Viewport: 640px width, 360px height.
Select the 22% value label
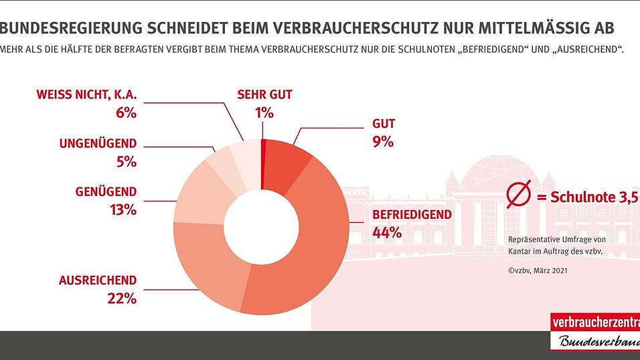click(122, 298)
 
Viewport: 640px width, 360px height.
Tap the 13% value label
click(123, 210)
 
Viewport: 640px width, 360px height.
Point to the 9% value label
click(383, 142)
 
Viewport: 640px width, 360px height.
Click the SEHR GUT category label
click(265, 95)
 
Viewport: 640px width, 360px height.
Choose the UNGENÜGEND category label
click(98, 143)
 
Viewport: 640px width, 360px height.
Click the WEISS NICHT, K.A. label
click(86, 95)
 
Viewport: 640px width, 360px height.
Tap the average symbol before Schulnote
click(519, 194)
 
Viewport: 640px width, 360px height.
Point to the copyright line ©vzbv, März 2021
click(538, 270)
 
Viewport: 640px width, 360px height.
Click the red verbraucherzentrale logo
click(595, 323)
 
